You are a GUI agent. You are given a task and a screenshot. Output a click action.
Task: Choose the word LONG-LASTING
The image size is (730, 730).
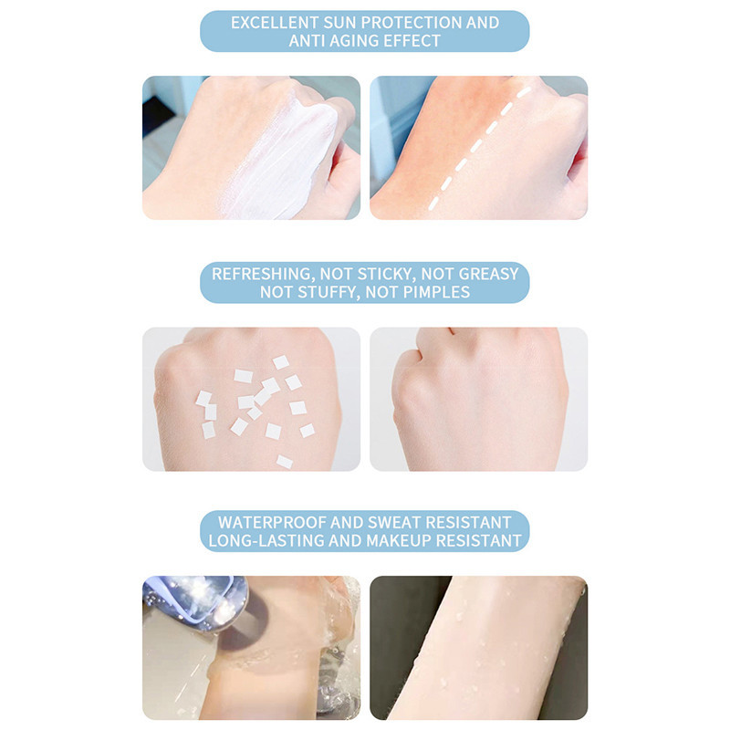coord(266,541)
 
